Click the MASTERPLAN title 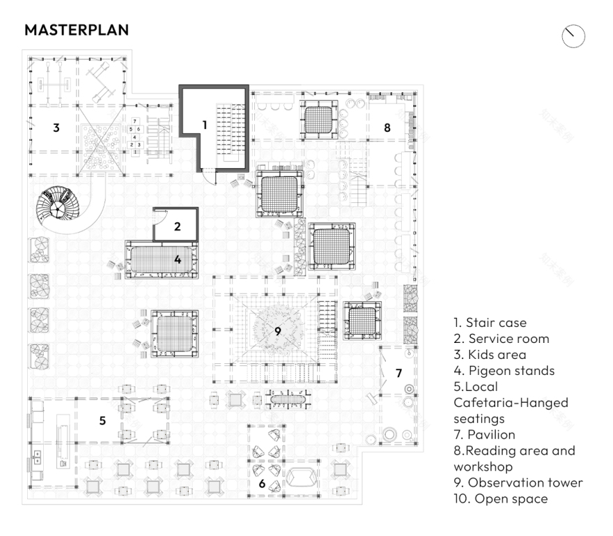coord(77,31)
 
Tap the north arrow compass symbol coord(573,36)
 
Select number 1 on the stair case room coord(205,124)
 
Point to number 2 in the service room coord(177,226)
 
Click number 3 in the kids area coord(56,128)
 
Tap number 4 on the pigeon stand coord(178,259)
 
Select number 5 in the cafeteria coord(102,420)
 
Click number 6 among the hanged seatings coord(262,483)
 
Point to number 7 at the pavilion coord(398,373)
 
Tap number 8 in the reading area coord(387,127)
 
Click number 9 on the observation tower coord(277,331)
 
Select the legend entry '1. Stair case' coord(490,323)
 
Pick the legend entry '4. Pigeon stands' coord(504,371)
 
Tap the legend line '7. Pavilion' coord(485,435)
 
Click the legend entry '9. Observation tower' coord(518,482)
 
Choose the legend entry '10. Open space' coord(500,498)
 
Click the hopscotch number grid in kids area coord(137,133)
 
